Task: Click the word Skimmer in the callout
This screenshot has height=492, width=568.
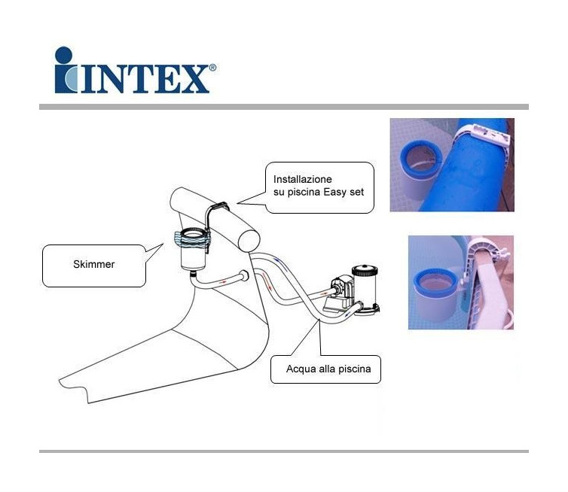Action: tap(94, 265)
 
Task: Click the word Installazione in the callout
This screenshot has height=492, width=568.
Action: tap(303, 180)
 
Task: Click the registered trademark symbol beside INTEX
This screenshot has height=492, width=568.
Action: tap(212, 67)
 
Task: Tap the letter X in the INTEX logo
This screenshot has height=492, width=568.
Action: tap(196, 79)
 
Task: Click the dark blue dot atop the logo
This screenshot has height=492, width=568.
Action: tap(64, 55)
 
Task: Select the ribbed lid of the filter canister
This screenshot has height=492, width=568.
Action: tap(365, 269)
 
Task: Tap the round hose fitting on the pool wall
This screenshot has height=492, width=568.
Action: tap(244, 276)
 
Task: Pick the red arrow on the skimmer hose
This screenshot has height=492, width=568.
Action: tap(224, 281)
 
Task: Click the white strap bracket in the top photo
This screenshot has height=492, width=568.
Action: tap(482, 135)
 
